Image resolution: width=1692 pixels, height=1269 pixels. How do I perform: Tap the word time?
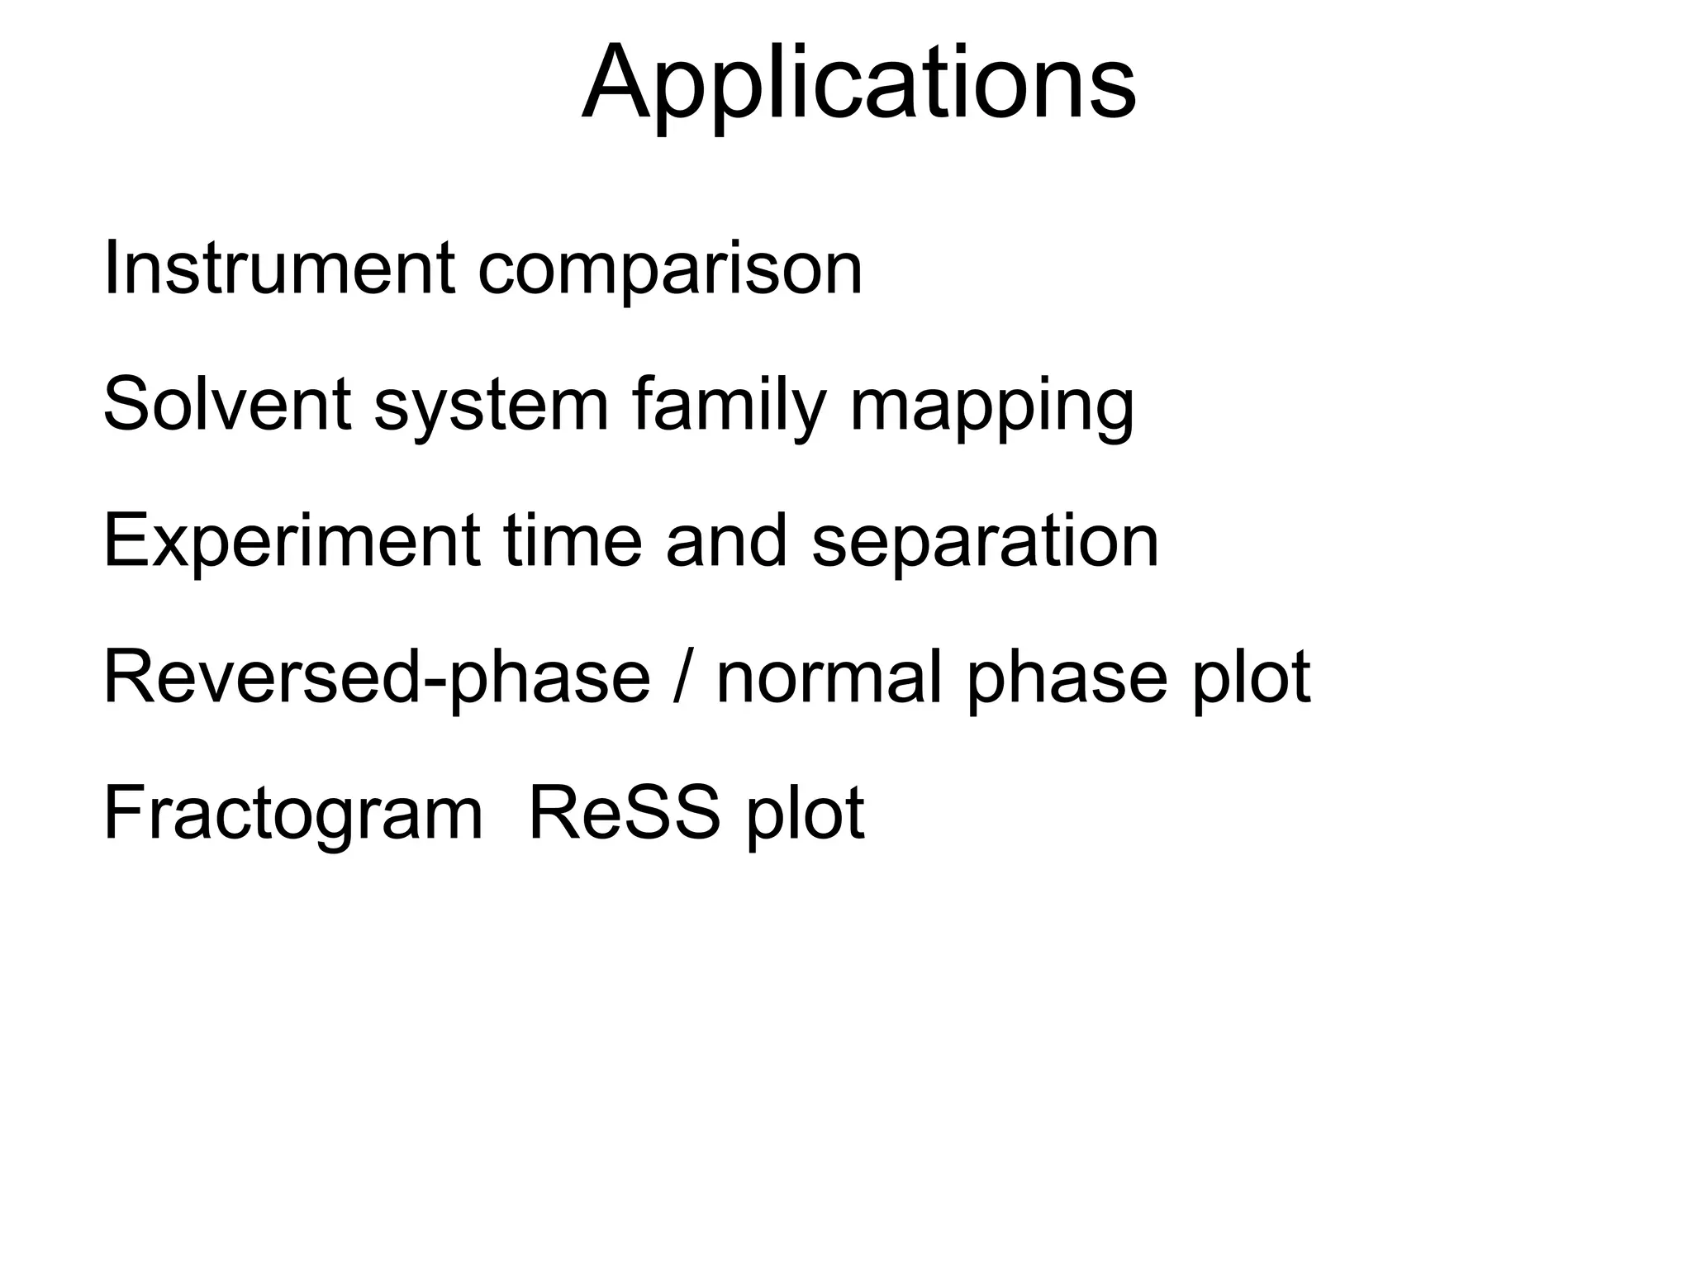point(573,541)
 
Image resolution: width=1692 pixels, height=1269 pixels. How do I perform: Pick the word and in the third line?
point(726,541)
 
